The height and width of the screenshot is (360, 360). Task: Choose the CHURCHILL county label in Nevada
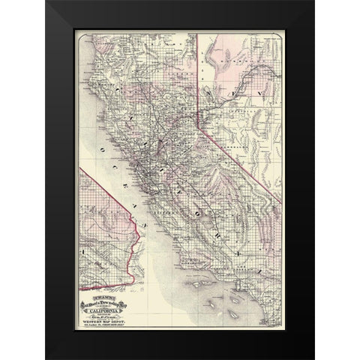pyautogui.click(x=225, y=112)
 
